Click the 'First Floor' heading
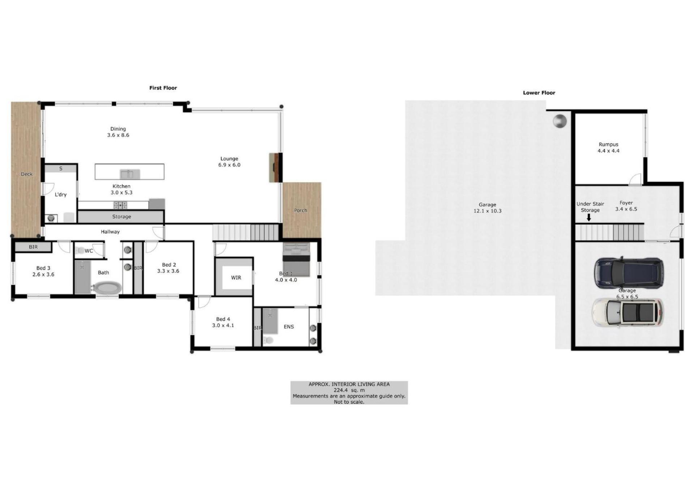click(163, 88)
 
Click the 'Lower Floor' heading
click(539, 93)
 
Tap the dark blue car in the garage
click(629, 273)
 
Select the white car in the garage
click(627, 313)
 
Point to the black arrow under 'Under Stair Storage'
click(589, 217)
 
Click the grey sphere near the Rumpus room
click(560, 121)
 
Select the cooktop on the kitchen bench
click(120, 205)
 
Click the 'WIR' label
click(236, 278)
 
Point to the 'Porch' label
click(300, 210)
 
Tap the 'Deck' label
click(26, 174)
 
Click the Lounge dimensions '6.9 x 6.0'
click(229, 165)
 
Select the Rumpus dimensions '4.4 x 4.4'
click(608, 151)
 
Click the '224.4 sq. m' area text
click(349, 390)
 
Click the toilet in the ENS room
click(268, 340)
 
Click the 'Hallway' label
click(110, 232)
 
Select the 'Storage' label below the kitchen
click(121, 217)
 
